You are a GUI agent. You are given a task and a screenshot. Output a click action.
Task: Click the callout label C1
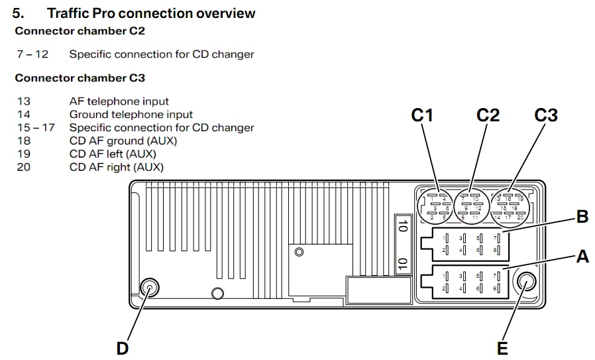(x=421, y=115)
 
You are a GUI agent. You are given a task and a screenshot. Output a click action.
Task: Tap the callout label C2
(x=488, y=115)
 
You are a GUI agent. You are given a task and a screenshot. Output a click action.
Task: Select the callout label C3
(x=546, y=115)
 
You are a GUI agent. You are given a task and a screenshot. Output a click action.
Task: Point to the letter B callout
(x=582, y=216)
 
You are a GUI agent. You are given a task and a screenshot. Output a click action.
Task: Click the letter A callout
(x=582, y=257)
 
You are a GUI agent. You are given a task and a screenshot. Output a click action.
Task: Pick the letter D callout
(x=123, y=347)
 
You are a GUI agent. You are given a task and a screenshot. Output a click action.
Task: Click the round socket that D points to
(x=150, y=288)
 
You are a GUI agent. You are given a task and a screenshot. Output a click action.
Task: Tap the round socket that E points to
(x=527, y=284)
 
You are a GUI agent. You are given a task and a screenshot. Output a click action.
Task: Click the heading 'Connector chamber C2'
(x=80, y=30)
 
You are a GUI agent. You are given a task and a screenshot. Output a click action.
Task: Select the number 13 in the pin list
(x=24, y=101)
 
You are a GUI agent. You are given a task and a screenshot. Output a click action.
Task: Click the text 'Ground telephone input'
(x=131, y=115)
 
